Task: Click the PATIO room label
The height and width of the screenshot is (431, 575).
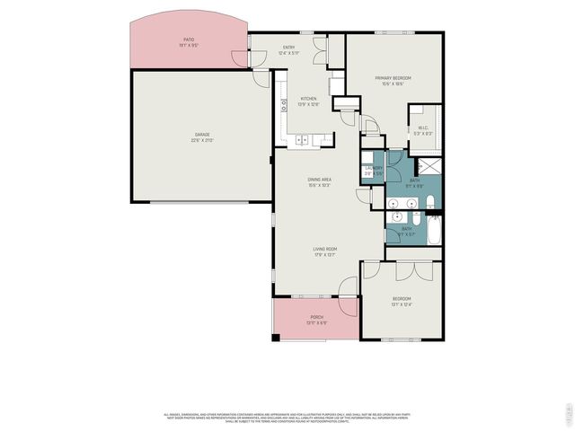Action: (189, 40)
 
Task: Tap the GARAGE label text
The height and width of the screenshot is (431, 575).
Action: (203, 135)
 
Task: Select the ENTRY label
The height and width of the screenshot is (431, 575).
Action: (289, 47)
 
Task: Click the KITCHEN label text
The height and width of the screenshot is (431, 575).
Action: (308, 99)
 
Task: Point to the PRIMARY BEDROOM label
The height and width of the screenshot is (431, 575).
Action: (394, 79)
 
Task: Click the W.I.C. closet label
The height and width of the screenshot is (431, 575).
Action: (424, 128)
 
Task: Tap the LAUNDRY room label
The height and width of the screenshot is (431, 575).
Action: (374, 168)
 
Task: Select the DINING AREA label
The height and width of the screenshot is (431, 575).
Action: (320, 180)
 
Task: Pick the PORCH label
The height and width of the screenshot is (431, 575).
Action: (316, 317)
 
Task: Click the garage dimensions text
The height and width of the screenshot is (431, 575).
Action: (203, 140)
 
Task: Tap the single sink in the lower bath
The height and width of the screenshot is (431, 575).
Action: (396, 217)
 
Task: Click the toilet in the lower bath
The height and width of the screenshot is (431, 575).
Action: (414, 217)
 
